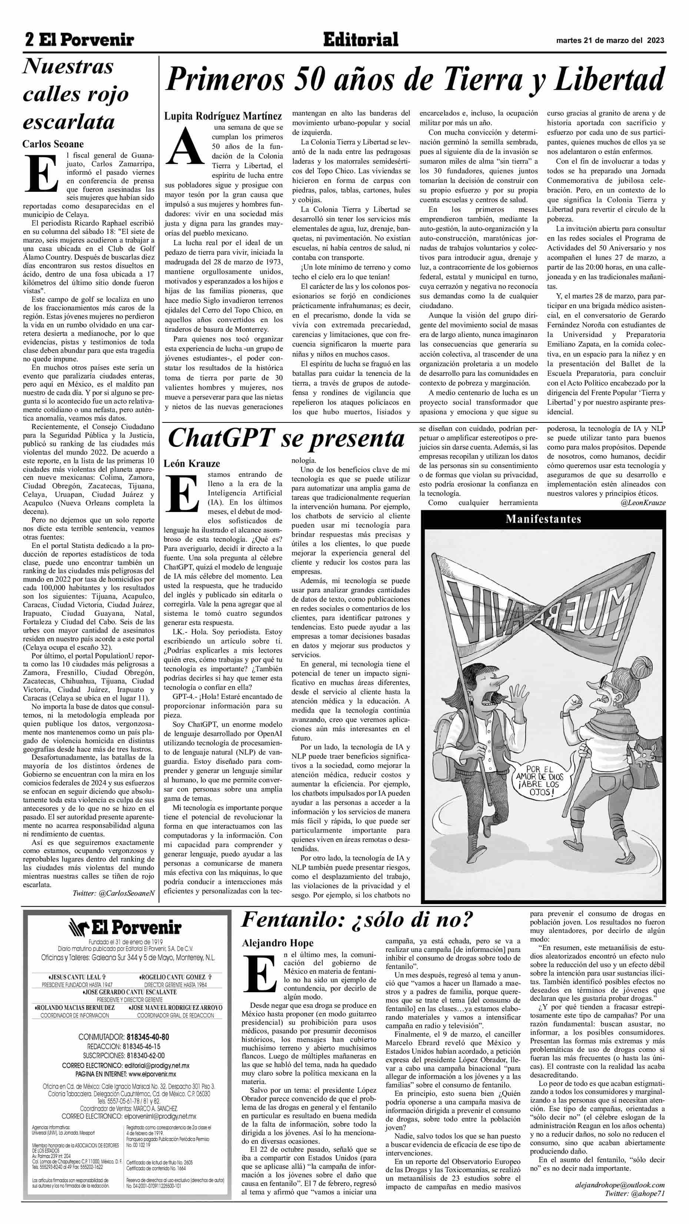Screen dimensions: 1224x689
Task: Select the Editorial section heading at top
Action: tap(360, 40)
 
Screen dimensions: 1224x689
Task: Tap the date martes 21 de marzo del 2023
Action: tap(610, 41)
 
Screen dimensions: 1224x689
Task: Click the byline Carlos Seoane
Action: tap(53, 144)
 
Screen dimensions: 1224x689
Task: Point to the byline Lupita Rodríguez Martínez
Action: tap(223, 116)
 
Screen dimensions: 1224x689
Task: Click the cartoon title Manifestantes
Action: tap(543, 518)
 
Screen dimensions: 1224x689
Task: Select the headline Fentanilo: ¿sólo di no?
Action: tap(357, 920)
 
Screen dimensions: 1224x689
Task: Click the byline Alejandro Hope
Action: tap(278, 943)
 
